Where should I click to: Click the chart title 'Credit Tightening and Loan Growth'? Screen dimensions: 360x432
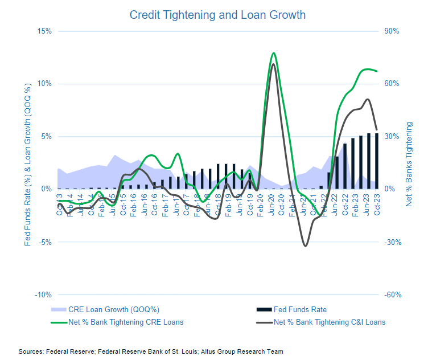(x=217, y=14)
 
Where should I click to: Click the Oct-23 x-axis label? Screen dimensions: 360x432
(x=376, y=202)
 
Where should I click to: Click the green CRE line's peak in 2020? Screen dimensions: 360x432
(x=274, y=53)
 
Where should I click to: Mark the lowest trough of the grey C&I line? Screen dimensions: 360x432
(x=306, y=246)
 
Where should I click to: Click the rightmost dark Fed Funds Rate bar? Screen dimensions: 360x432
(x=376, y=161)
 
